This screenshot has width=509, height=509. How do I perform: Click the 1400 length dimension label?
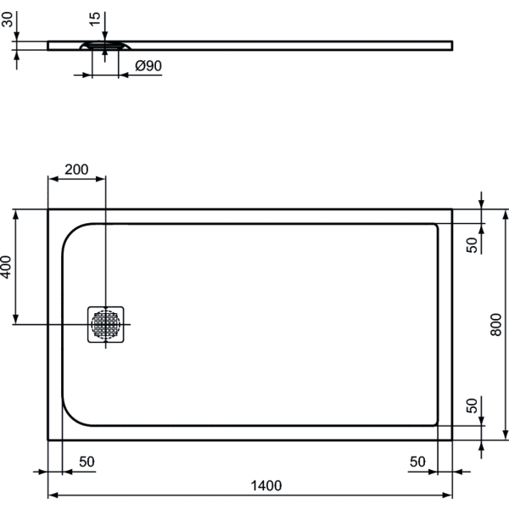(x=266, y=485)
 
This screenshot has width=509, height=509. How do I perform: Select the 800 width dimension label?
(x=496, y=325)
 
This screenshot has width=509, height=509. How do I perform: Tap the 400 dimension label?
(x=6, y=267)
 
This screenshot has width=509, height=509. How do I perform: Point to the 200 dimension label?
(x=76, y=170)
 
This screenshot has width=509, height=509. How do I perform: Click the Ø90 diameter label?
(x=148, y=66)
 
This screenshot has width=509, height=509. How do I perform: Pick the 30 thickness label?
(x=7, y=20)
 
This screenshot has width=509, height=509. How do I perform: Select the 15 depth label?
(x=94, y=20)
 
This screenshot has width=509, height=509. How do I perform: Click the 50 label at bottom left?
(x=87, y=461)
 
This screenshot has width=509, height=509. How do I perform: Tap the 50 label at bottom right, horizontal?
(x=417, y=461)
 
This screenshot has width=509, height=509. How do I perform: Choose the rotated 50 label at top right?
(x=472, y=245)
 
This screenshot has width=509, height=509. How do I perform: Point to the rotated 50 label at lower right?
(x=472, y=406)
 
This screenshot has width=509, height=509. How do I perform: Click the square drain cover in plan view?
(x=105, y=324)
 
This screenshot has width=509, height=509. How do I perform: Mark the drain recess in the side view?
(x=105, y=46)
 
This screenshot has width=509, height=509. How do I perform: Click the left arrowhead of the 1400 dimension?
(x=53, y=495)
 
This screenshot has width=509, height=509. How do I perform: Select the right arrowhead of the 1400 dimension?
(x=447, y=495)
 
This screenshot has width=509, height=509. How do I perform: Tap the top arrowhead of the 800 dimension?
(x=505, y=215)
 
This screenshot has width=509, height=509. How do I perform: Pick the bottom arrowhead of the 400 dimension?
(x=15, y=319)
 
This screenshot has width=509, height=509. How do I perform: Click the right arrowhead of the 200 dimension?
(x=100, y=179)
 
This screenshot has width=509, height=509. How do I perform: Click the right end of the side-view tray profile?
(x=452, y=46)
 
